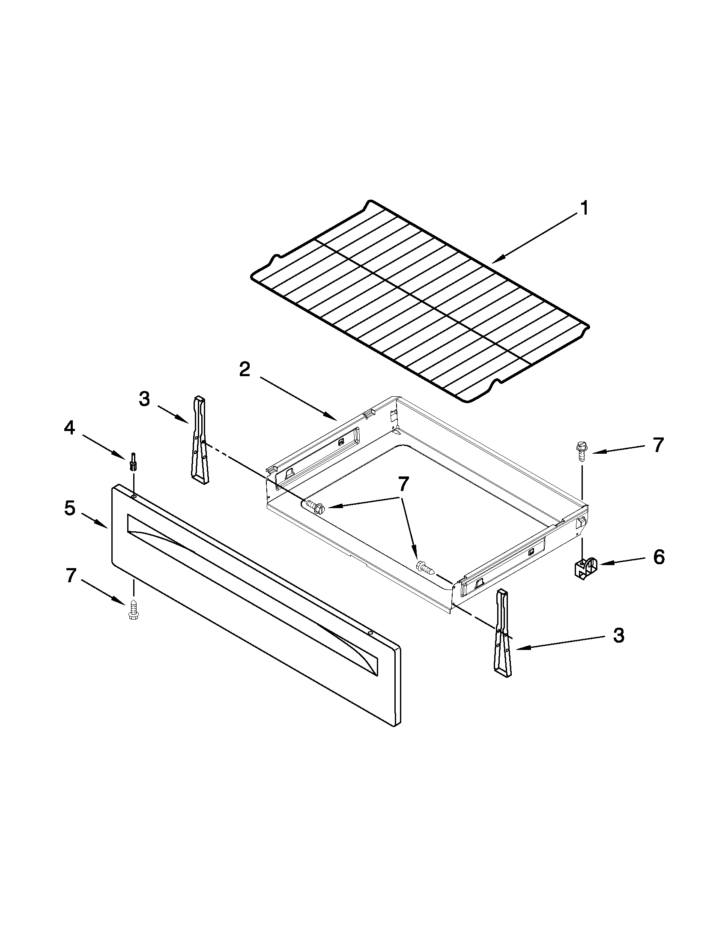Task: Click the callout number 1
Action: pyautogui.click(x=583, y=209)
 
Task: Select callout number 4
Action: pyautogui.click(x=69, y=428)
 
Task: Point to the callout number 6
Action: pyautogui.click(x=659, y=557)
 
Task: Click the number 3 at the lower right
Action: pyautogui.click(x=618, y=635)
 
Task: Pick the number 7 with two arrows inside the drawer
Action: pyautogui.click(x=403, y=485)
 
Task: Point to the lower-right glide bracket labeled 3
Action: pyautogui.click(x=503, y=632)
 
